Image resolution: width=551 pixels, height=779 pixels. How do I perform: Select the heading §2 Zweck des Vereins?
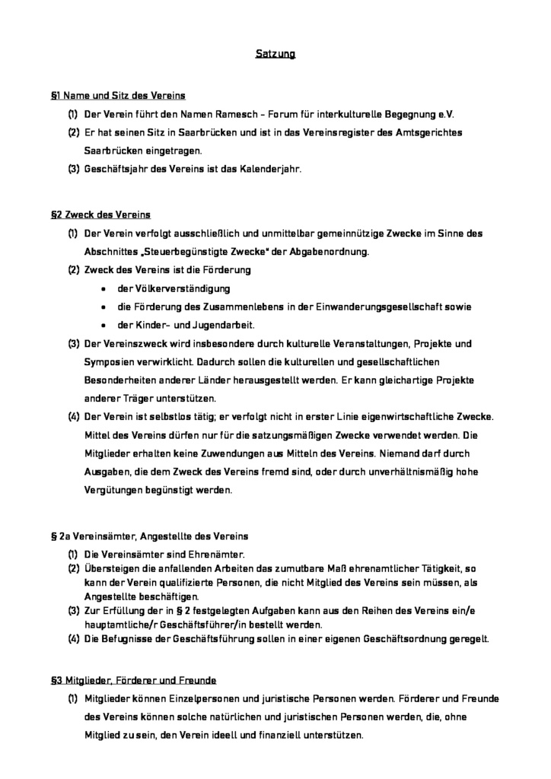point(100,215)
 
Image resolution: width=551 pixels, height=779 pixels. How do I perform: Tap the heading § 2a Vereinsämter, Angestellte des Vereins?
point(149,536)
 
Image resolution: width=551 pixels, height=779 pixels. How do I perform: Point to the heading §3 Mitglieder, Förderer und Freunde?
point(133,679)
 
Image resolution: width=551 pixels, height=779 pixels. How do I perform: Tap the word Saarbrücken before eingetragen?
point(113,151)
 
